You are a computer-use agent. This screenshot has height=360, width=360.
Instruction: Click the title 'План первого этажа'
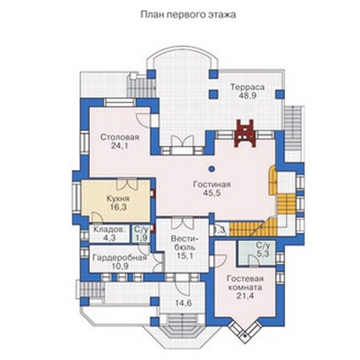pyautogui.click(x=188, y=15)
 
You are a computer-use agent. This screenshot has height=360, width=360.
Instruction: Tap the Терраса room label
pyautogui.click(x=248, y=87)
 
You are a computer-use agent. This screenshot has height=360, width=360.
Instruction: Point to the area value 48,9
pyautogui.click(x=248, y=96)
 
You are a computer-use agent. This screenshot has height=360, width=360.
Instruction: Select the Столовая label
pyautogui.click(x=120, y=138)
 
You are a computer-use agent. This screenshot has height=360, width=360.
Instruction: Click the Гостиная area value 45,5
pyautogui.click(x=212, y=193)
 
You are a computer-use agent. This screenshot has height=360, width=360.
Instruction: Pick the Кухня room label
pyautogui.click(x=118, y=199)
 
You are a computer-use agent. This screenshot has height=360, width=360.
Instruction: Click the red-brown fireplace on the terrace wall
pyautogui.click(x=245, y=133)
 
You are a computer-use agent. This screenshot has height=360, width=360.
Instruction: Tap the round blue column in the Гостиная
pyautogui.click(x=212, y=169)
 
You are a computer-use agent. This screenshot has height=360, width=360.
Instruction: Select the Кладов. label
pyautogui.click(x=109, y=230)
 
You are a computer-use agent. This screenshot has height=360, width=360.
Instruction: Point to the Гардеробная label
pyautogui.click(x=120, y=258)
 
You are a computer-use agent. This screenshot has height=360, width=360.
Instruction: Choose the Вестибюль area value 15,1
pyautogui.click(x=185, y=256)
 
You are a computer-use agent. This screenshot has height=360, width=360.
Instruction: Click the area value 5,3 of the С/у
pyautogui.click(x=263, y=253)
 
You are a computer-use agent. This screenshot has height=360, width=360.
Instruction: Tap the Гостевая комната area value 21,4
pyautogui.click(x=246, y=296)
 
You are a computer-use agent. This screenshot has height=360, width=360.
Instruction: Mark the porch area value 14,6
pyautogui.click(x=183, y=303)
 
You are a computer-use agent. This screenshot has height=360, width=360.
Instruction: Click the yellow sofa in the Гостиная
pyautogui.click(x=272, y=181)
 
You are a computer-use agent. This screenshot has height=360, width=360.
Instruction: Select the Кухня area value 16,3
pyautogui.click(x=118, y=207)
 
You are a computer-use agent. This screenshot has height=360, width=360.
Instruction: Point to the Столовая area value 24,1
pyautogui.click(x=120, y=145)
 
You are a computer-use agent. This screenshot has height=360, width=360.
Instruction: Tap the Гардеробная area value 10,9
pyautogui.click(x=120, y=266)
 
